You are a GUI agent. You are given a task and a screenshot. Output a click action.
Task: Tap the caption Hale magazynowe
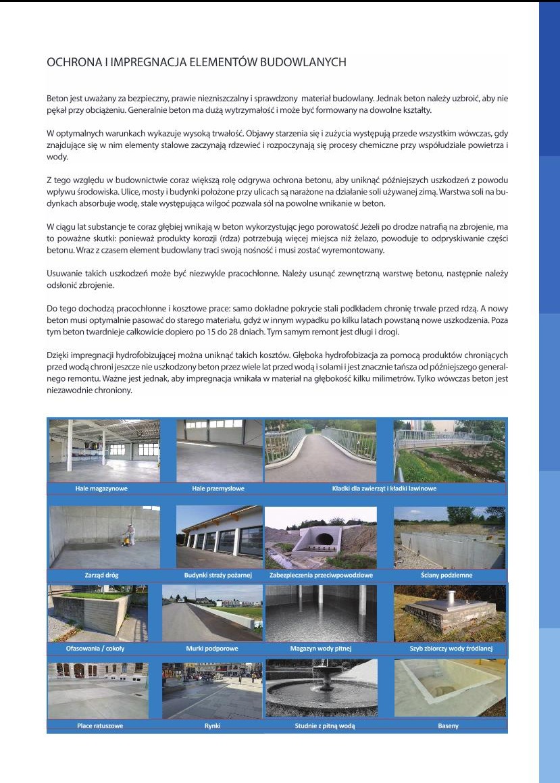[x=102, y=488]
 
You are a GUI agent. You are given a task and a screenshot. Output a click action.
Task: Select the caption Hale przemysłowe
[x=218, y=488]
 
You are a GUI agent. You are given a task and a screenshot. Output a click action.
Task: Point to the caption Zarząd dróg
[x=102, y=575]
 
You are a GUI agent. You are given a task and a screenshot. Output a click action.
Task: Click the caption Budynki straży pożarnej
[x=218, y=575]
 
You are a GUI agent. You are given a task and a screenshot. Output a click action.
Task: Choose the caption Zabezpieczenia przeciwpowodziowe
[x=321, y=575]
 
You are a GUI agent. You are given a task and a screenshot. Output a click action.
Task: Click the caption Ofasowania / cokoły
[x=95, y=649]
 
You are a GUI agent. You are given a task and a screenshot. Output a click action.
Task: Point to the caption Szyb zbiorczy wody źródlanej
[x=451, y=649]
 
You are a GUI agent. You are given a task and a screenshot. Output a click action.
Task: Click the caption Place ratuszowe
[x=100, y=726]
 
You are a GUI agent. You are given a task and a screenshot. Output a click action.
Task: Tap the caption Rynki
[x=212, y=726]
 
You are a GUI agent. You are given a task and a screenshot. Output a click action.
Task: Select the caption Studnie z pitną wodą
[x=321, y=726]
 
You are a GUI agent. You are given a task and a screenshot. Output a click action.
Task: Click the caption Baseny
[x=448, y=726]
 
